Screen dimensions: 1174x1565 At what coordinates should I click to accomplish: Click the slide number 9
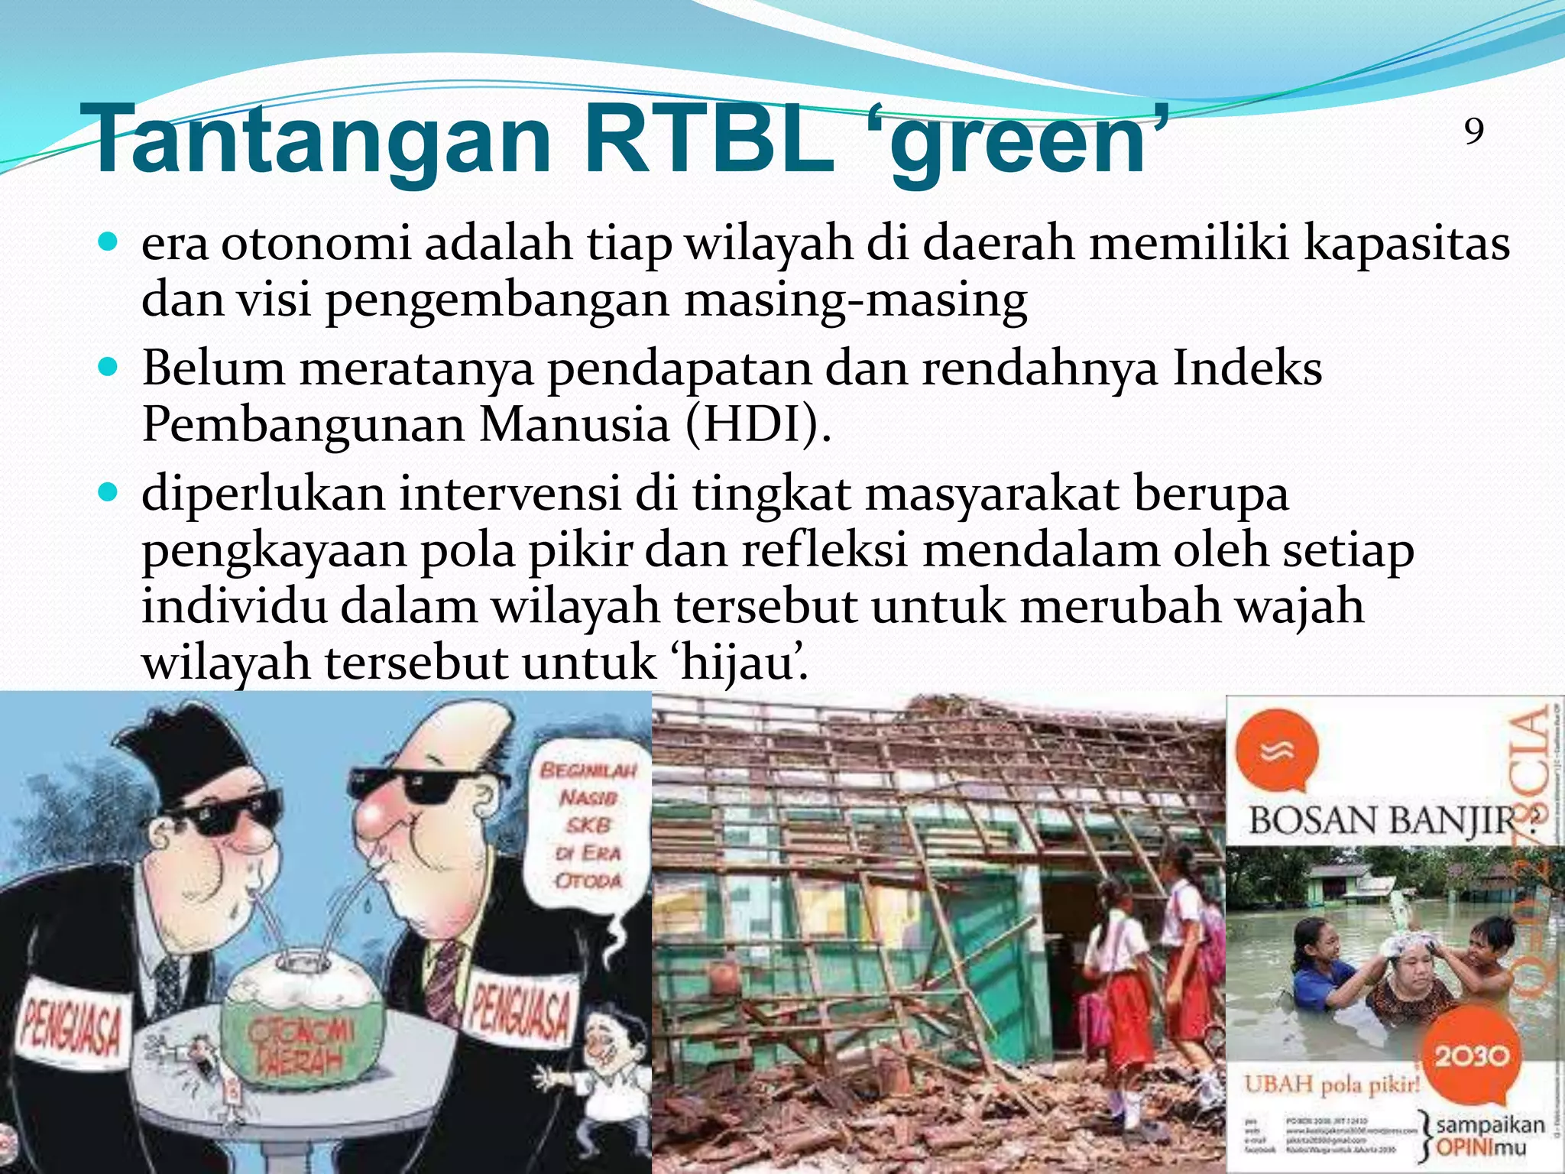tap(1474, 131)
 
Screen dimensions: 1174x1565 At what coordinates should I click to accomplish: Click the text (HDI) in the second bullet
tap(757, 425)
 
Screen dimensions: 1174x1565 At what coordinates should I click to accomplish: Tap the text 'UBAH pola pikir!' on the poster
tap(1332, 1084)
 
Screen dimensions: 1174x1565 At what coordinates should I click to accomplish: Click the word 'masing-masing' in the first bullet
tap(855, 300)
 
